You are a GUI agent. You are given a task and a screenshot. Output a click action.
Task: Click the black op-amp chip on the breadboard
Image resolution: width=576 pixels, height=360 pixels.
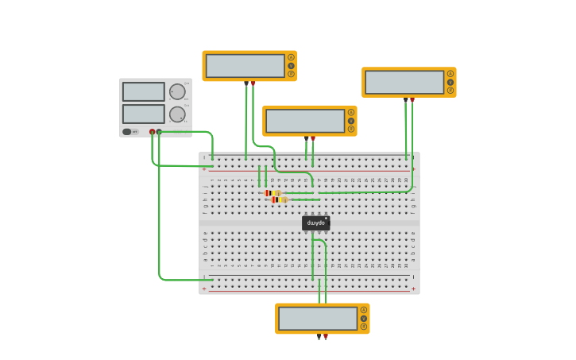(x=315, y=223)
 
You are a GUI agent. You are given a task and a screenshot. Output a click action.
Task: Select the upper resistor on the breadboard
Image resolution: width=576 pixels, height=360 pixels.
(x=273, y=193)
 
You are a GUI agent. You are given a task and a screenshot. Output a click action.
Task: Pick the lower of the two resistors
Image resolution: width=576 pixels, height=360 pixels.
(x=279, y=200)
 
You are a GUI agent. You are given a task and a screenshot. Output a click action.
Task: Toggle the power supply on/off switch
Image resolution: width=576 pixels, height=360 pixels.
(x=127, y=132)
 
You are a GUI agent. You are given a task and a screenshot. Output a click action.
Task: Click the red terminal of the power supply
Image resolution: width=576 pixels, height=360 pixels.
(x=153, y=132)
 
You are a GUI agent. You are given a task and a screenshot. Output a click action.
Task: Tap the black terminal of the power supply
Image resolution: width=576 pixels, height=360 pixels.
(x=159, y=132)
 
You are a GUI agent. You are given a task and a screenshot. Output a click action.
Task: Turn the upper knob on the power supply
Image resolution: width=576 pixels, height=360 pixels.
(x=176, y=91)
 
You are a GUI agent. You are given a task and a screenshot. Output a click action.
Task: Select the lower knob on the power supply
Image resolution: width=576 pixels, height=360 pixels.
(x=176, y=114)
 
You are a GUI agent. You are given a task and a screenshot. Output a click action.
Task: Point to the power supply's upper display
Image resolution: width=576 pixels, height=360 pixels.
(x=144, y=91)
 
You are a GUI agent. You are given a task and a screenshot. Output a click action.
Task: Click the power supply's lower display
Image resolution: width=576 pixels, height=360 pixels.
(x=144, y=114)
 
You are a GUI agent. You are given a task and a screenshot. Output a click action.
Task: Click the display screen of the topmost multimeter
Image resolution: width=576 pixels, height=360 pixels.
(x=245, y=66)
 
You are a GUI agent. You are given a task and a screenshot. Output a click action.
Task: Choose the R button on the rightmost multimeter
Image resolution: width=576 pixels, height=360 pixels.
(x=450, y=91)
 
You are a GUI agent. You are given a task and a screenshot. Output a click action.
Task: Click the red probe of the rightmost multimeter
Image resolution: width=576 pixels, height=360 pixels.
(x=412, y=100)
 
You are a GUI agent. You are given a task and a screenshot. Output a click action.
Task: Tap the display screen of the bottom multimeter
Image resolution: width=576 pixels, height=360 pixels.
(x=318, y=319)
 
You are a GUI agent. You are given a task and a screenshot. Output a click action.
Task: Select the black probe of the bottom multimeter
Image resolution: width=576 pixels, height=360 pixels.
(x=319, y=336)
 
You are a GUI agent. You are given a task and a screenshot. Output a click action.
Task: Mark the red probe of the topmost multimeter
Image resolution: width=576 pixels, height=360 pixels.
(x=253, y=83)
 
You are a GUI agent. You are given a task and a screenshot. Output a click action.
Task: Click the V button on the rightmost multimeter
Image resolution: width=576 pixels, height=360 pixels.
(x=450, y=82)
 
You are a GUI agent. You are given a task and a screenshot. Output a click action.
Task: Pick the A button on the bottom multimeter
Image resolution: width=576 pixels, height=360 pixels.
(x=364, y=310)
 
